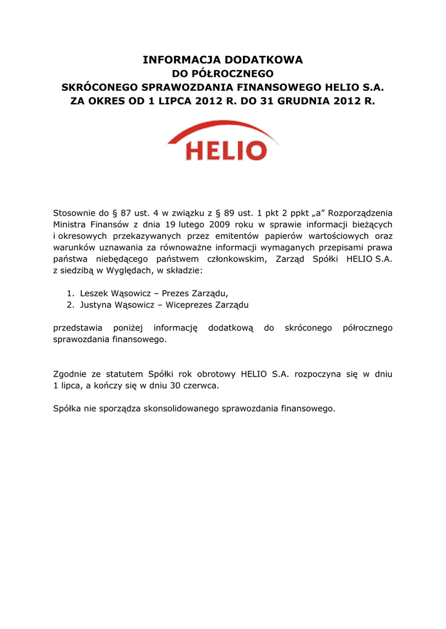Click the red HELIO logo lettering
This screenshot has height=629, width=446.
point(226,150)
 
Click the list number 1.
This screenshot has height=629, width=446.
point(70,294)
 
